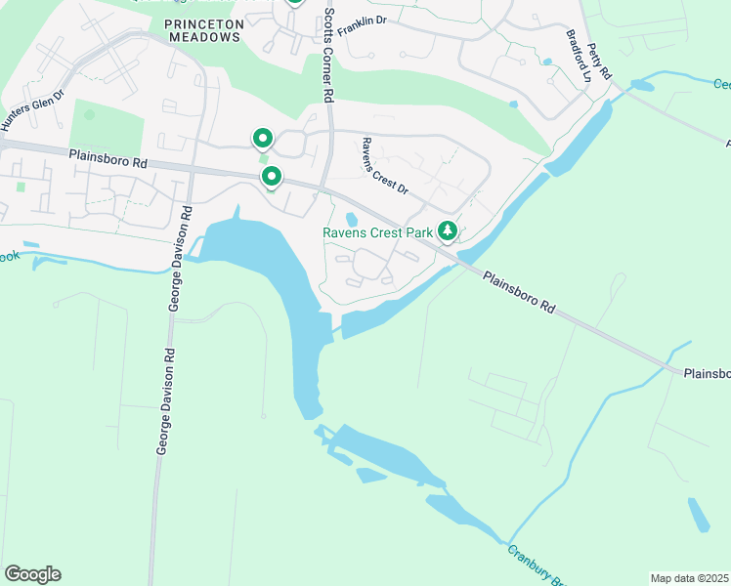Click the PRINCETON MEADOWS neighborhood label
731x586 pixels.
tap(202, 28)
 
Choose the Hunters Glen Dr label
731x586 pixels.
tap(32, 109)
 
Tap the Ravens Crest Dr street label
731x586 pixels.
tap(384, 165)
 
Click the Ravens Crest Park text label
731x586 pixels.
tap(377, 232)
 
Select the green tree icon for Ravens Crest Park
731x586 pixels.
tap(448, 231)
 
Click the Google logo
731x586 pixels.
tap(32, 574)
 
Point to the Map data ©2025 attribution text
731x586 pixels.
tap(689, 578)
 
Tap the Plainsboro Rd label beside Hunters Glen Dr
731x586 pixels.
tap(107, 156)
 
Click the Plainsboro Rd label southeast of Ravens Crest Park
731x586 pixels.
tap(519, 292)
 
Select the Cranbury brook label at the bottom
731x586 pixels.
tap(532, 565)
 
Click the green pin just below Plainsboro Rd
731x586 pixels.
tap(272, 177)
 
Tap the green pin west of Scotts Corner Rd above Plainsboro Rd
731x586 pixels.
tap(262, 139)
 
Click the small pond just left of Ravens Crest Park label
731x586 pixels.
tap(352, 218)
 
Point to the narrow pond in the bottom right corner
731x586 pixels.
tap(699, 515)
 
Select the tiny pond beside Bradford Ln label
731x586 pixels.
tap(546, 62)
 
